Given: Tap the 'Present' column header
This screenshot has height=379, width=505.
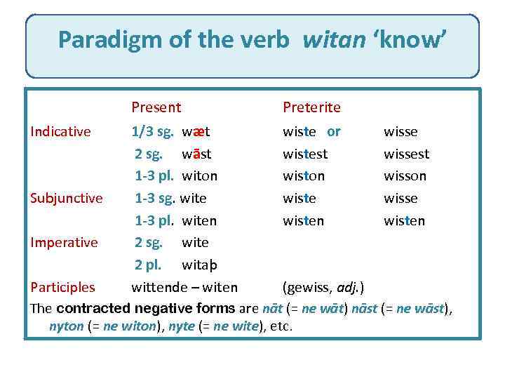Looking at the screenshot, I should click(x=156, y=107).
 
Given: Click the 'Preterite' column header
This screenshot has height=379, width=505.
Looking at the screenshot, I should click(x=311, y=107).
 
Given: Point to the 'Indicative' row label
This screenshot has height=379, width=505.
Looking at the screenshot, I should click(x=60, y=131).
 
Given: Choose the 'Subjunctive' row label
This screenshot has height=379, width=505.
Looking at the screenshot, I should click(x=67, y=198).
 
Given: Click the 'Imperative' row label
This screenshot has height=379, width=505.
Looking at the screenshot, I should click(x=64, y=242).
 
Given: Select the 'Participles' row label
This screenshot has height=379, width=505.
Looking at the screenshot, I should click(x=62, y=286).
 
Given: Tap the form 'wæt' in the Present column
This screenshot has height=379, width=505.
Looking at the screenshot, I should click(x=196, y=131).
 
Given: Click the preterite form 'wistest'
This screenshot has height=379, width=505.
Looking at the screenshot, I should click(x=305, y=154).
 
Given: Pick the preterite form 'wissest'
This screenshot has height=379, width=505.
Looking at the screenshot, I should click(x=406, y=154).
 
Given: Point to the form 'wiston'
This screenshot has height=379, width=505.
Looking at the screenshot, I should click(x=303, y=175).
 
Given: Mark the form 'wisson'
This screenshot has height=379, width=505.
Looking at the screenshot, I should click(x=405, y=175).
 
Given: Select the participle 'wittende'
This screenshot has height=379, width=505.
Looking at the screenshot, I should click(x=158, y=286).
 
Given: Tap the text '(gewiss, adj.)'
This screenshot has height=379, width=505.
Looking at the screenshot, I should click(x=323, y=286).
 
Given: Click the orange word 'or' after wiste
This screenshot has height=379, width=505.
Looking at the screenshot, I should click(x=334, y=131).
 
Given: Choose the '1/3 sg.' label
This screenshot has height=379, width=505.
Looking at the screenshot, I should click(x=153, y=131).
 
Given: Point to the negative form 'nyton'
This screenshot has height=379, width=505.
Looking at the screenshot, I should click(x=67, y=326).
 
